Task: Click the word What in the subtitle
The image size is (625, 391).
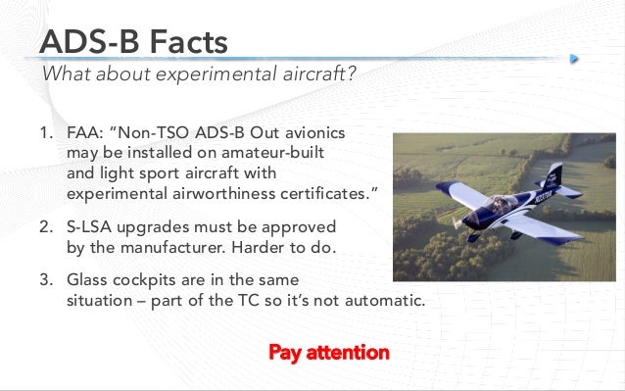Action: pos(66,76)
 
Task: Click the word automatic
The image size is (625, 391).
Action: pos(386,301)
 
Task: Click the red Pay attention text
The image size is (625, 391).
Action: pos(328,352)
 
